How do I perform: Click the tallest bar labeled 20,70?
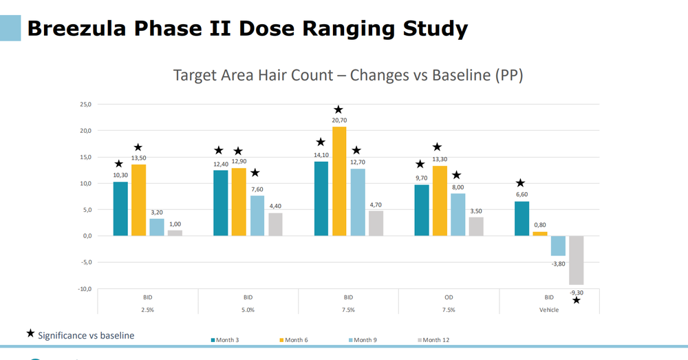click(338, 181)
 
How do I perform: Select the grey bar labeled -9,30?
click(576, 260)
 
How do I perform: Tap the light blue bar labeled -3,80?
click(558, 246)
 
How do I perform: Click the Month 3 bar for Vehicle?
click(522, 218)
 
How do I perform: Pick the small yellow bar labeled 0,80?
click(540, 233)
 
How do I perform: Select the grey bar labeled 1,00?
click(175, 233)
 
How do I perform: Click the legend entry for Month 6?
click(294, 340)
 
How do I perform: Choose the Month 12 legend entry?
click(434, 340)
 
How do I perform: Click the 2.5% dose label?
click(148, 310)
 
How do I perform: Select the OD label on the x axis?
click(449, 297)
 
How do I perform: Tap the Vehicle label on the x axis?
click(549, 310)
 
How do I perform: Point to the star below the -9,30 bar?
click(577, 300)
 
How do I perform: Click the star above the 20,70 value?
click(338, 110)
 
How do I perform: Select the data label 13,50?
click(138, 158)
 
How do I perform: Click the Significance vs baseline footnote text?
click(86, 335)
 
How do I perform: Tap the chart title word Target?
click(196, 75)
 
